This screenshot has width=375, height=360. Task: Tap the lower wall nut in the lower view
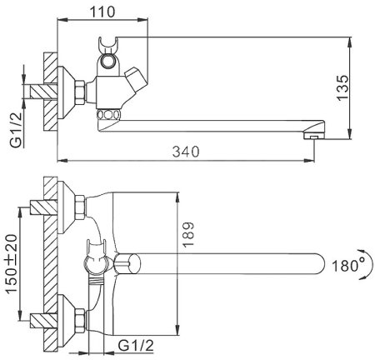point(76,319)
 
